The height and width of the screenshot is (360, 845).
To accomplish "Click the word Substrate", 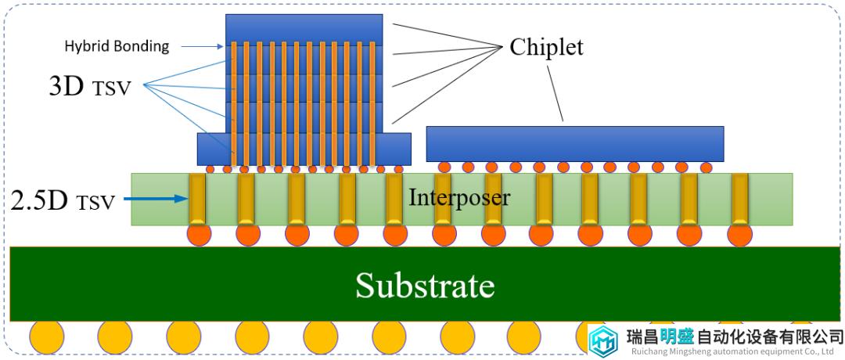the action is point(425,285).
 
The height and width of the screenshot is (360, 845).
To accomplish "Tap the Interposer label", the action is point(459,197).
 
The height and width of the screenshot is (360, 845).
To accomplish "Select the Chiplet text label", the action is point(546,48).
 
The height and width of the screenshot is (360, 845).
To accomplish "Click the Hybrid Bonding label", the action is point(117,46).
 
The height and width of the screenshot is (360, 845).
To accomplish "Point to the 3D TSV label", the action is point(90,86).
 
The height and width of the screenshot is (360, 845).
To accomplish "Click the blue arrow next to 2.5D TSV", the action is point(156,199).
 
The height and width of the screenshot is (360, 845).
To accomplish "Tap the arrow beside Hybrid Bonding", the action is point(202,46).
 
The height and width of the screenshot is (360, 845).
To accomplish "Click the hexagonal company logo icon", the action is point(603,340).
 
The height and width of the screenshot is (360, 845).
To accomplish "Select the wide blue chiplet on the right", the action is point(575,144).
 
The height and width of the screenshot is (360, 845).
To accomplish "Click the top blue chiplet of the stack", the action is point(304,29).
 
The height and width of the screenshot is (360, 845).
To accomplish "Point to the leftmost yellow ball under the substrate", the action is point(46,337).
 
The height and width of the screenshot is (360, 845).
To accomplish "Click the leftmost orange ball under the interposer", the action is point(199,234).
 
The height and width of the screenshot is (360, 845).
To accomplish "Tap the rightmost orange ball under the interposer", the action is point(740,235).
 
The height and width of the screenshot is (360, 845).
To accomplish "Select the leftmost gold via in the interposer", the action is point(197,199).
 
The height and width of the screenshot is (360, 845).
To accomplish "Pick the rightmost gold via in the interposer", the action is point(740,199).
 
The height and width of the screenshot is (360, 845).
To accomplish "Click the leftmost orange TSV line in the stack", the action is point(234,103).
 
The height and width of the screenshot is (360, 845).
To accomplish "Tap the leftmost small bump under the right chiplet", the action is point(444,167).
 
